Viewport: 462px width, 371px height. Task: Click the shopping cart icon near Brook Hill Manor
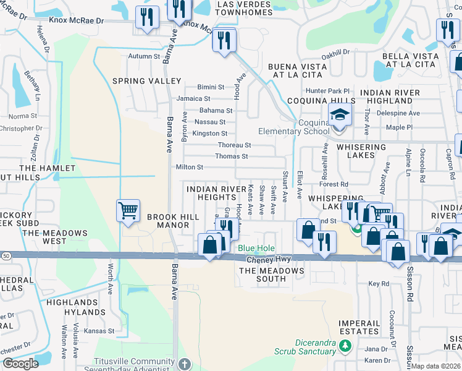128,210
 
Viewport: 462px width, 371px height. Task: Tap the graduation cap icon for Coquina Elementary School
339,114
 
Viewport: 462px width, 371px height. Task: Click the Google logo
20,364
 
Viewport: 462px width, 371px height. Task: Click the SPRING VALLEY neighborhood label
146,81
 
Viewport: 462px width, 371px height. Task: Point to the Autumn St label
143,56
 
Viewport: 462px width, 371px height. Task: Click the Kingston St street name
209,134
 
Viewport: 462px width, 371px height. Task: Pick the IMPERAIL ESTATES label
359,327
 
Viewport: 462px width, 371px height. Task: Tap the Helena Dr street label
44,40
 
